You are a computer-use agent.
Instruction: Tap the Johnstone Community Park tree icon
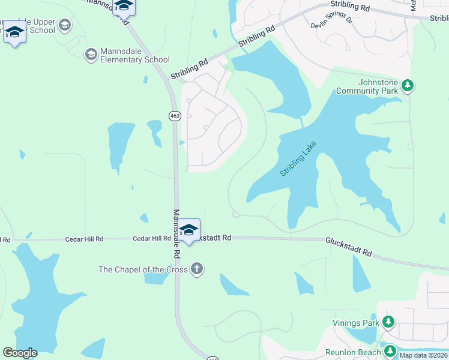pos(408,86)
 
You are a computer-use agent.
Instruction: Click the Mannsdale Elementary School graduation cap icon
pos(91,55)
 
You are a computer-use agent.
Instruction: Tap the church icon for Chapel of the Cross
pos(197,269)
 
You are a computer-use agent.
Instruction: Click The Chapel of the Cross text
pos(143,269)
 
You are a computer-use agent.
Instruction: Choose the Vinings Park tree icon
pos(388,323)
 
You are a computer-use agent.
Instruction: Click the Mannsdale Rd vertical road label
pos(177,233)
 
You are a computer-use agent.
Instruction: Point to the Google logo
pos(20,353)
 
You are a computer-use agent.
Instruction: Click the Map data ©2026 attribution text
pos(424,355)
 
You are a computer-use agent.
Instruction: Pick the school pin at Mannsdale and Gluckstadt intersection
pos(188,230)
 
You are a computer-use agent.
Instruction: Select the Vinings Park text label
pos(356,323)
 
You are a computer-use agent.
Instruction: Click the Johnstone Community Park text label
pos(367,86)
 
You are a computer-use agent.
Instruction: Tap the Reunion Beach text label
pos(353,352)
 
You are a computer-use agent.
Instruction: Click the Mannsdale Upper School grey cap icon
pos(65,25)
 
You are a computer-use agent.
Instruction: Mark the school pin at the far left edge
pos(14,32)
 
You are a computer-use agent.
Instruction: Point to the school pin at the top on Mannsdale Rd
pos(124,6)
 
